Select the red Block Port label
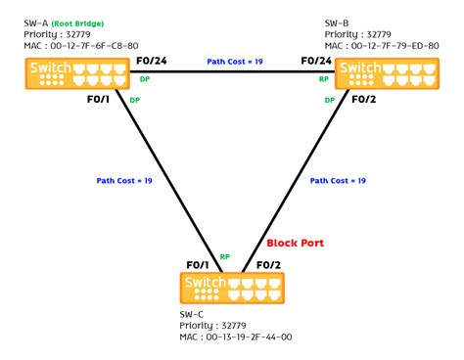[x=297, y=243]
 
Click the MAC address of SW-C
[x=236, y=337]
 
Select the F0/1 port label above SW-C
[x=199, y=264]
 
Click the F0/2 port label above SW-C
[x=269, y=264]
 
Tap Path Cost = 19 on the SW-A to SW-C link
[x=124, y=180]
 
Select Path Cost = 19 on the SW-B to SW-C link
[x=338, y=180]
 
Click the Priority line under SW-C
[x=216, y=325]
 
